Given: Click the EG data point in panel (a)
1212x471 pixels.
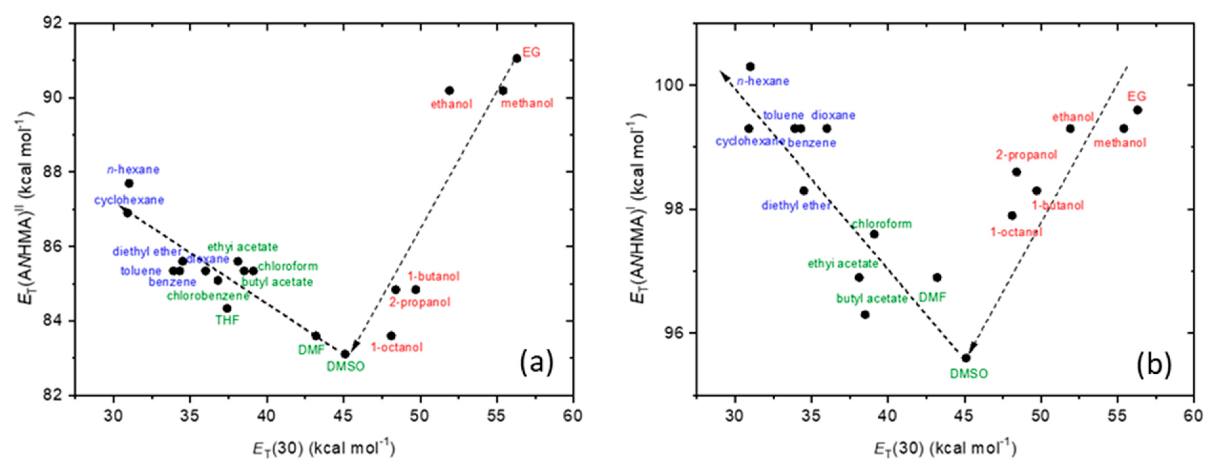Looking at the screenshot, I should [x=517, y=58].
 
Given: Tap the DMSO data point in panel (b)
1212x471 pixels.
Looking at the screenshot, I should [x=966, y=358].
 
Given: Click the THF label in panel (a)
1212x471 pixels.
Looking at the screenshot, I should [x=227, y=320].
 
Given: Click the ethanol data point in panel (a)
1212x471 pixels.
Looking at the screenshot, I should [x=449, y=90].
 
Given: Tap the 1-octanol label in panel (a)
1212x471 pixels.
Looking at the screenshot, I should [x=397, y=347].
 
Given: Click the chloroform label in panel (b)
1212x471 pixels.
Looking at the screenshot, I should [x=881, y=224].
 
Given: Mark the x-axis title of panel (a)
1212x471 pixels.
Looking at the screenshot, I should [x=324, y=448].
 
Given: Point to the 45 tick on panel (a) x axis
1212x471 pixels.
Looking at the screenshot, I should [x=344, y=416].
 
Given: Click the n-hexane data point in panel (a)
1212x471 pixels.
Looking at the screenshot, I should [x=129, y=183].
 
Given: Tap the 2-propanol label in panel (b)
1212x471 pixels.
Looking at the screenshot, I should [x=1026, y=155].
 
